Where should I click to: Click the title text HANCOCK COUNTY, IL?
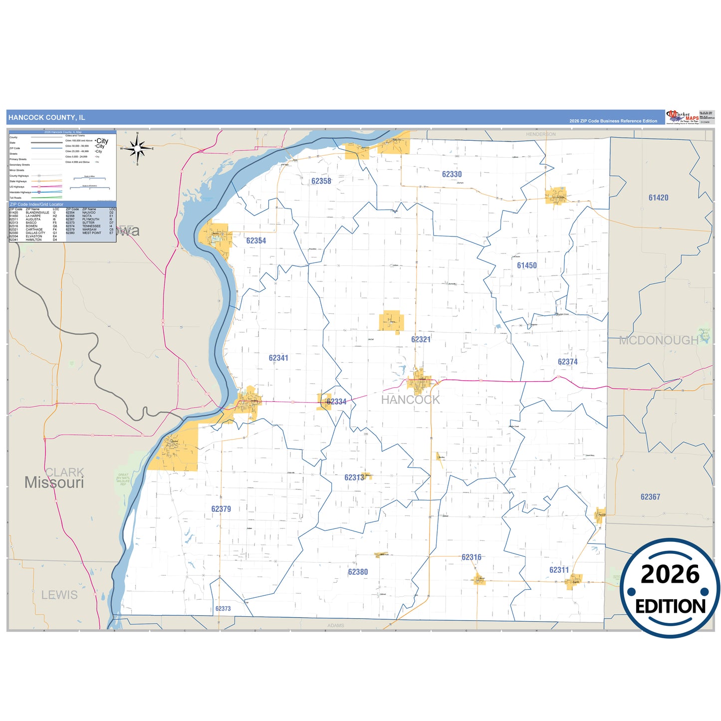47,118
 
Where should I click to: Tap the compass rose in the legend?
138,148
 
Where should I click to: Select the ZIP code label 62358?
321,181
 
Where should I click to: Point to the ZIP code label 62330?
452,174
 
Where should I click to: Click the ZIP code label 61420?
658,198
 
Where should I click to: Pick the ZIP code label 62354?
256,240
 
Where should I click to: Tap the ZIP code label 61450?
526,265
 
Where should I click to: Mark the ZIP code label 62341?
278,358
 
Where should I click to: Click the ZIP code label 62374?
567,362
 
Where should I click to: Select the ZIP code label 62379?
221,509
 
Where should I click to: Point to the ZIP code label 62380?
358,572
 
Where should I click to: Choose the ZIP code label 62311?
559,570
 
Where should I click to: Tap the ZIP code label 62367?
650,497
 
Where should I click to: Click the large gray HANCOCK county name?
411,400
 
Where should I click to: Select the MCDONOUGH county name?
659,340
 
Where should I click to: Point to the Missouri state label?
54,482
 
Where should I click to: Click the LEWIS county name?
59,595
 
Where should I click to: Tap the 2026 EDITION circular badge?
670,588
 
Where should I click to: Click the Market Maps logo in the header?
682,117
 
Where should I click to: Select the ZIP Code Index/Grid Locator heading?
37,205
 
